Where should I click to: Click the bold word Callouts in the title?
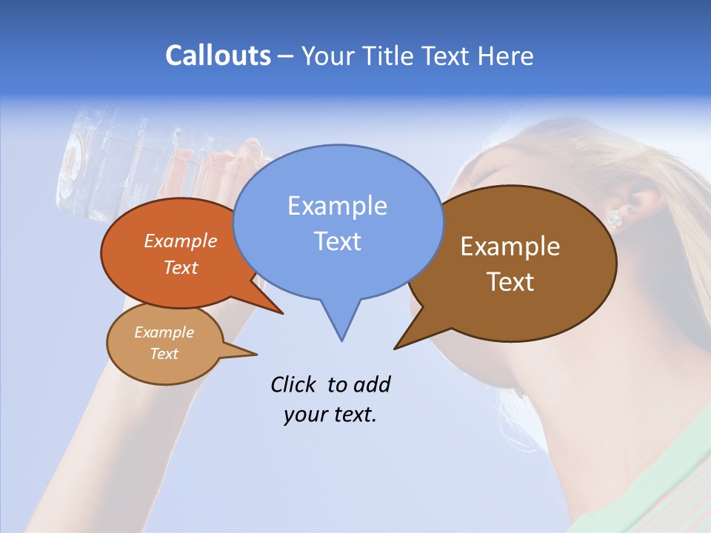click(218, 56)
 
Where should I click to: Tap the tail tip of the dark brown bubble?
click(396, 347)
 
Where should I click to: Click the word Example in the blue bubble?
click(337, 206)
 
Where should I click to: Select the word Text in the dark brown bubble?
click(510, 282)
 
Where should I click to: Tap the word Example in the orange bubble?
click(181, 241)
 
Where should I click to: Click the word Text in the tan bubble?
click(164, 354)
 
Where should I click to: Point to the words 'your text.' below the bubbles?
click(330, 415)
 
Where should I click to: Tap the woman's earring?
click(614, 218)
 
